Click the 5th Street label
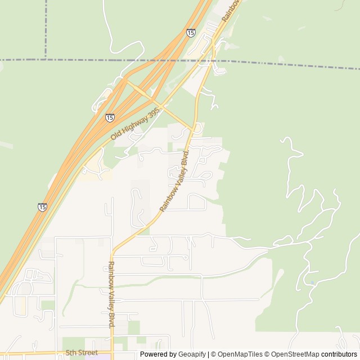pyautogui.click(x=82, y=353)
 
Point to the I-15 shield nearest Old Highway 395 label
pyautogui.click(x=110, y=118)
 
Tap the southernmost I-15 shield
pyautogui.click(x=42, y=207)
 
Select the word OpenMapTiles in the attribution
pyautogui.click(x=236, y=354)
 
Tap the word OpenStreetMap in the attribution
pyautogui.click(x=295, y=354)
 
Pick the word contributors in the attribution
pyautogui.click(x=340, y=354)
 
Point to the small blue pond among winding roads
pyautogui.click(x=312, y=282)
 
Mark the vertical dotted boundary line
pyautogui.click(x=46, y=28)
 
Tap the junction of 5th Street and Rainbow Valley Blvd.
pyautogui.click(x=112, y=353)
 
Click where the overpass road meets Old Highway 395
pyautogui.click(x=163, y=105)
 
